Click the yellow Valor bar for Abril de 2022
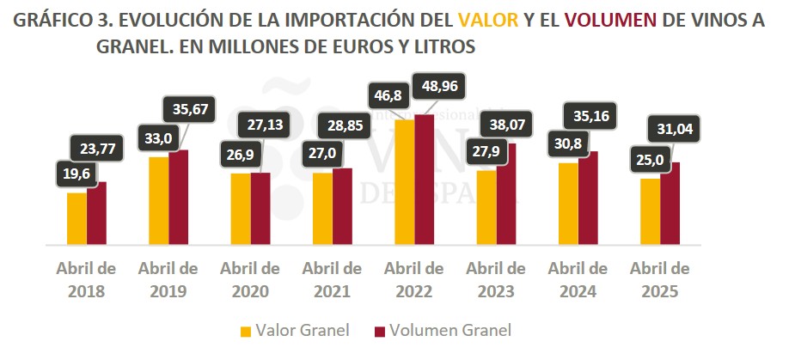(404, 182)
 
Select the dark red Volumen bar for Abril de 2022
(425, 180)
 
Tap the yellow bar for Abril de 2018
(76, 219)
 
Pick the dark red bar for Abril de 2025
(670, 204)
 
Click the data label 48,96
(439, 87)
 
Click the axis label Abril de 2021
(332, 279)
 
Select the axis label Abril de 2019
(168, 279)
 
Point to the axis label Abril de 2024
(578, 279)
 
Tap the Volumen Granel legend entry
(442, 330)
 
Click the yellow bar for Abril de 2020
(241, 210)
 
